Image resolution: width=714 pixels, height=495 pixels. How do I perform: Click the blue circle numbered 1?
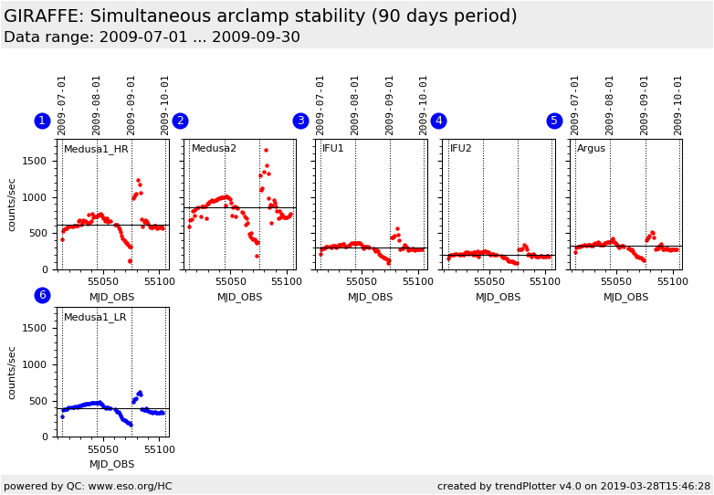42,121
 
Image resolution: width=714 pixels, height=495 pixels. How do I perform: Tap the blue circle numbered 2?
180,121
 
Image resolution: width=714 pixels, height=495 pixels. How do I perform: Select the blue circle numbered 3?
300,121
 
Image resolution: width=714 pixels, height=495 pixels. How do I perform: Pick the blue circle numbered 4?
438,121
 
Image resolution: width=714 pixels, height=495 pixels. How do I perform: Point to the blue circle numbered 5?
554,121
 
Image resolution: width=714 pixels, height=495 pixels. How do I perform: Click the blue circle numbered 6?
42,295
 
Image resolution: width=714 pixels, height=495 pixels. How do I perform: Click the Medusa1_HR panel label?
96,149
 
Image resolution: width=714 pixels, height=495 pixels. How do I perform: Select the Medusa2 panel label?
214,149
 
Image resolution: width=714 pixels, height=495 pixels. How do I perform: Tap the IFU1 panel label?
333,149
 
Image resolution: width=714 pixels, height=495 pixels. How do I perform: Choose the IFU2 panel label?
461,149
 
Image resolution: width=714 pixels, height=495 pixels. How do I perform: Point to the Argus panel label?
591,149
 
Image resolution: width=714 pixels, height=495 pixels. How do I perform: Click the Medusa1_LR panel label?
95,317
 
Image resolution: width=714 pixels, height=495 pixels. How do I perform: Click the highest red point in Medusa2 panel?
266,150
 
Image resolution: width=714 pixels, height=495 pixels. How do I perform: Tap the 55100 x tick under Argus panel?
672,282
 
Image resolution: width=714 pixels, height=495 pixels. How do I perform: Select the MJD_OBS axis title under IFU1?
370,297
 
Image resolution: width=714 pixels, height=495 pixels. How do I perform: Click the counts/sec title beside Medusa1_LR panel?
13,372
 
